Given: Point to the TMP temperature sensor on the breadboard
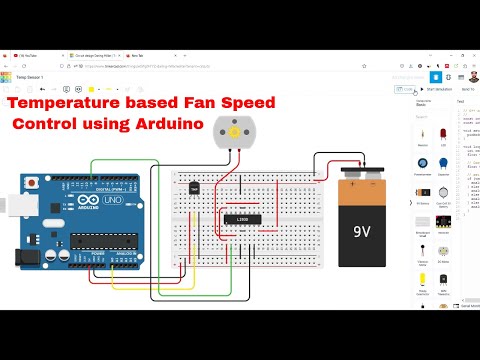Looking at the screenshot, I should tap(194, 186).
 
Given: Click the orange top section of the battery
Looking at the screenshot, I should tap(362, 186).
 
